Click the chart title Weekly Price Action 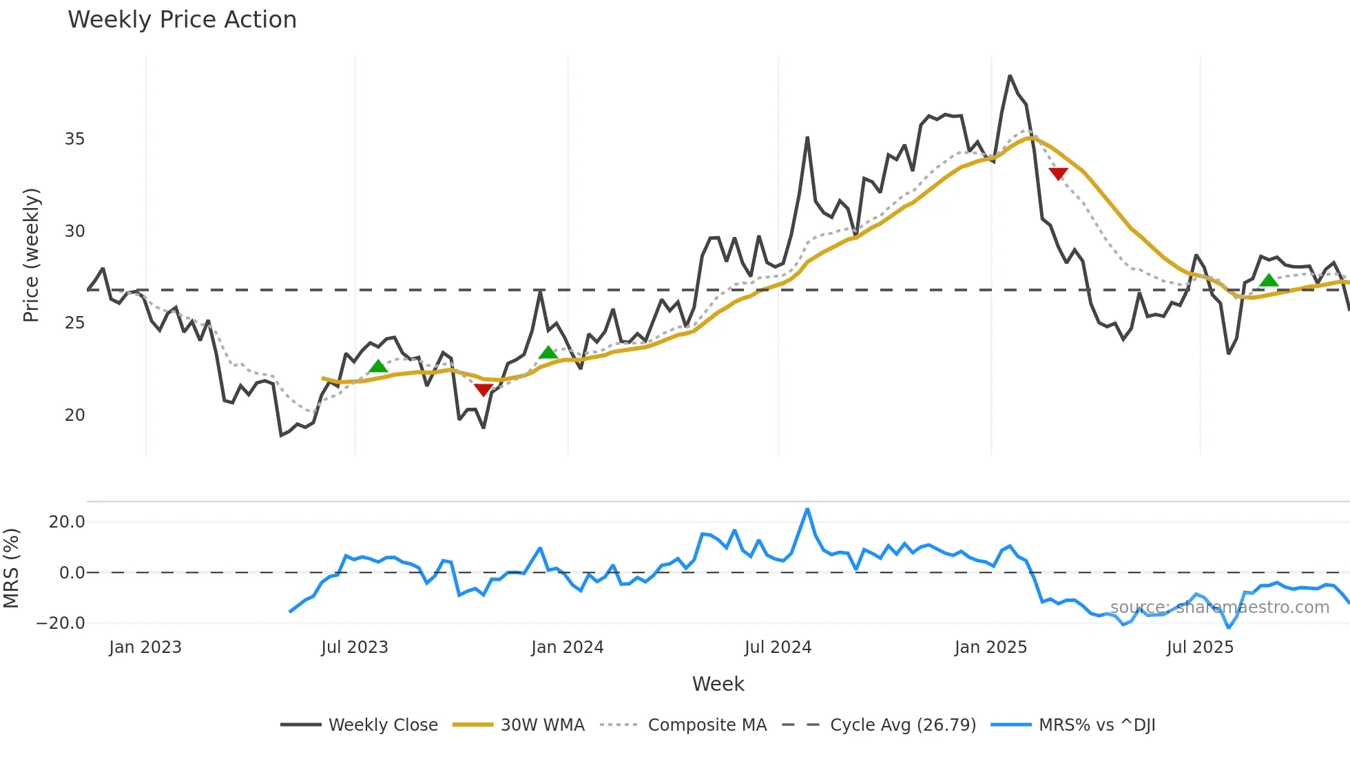[182, 20]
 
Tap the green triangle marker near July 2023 [378, 366]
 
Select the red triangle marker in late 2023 [484, 390]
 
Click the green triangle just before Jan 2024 [548, 353]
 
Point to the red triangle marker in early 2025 [1058, 174]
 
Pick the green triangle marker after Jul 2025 [1269, 280]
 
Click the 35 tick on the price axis [74, 139]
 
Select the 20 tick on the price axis [74, 415]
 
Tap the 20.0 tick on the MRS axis [67, 522]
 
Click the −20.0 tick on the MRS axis [61, 623]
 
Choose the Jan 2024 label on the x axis [568, 647]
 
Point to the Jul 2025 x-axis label [1200, 647]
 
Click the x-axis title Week [718, 684]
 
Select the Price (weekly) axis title [32, 255]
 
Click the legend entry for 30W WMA [542, 725]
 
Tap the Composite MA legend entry [707, 725]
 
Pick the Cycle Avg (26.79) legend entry [902, 725]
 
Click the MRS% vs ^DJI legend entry [1097, 725]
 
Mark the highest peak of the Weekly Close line [1010, 76]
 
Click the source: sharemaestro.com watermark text [1219, 607]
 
